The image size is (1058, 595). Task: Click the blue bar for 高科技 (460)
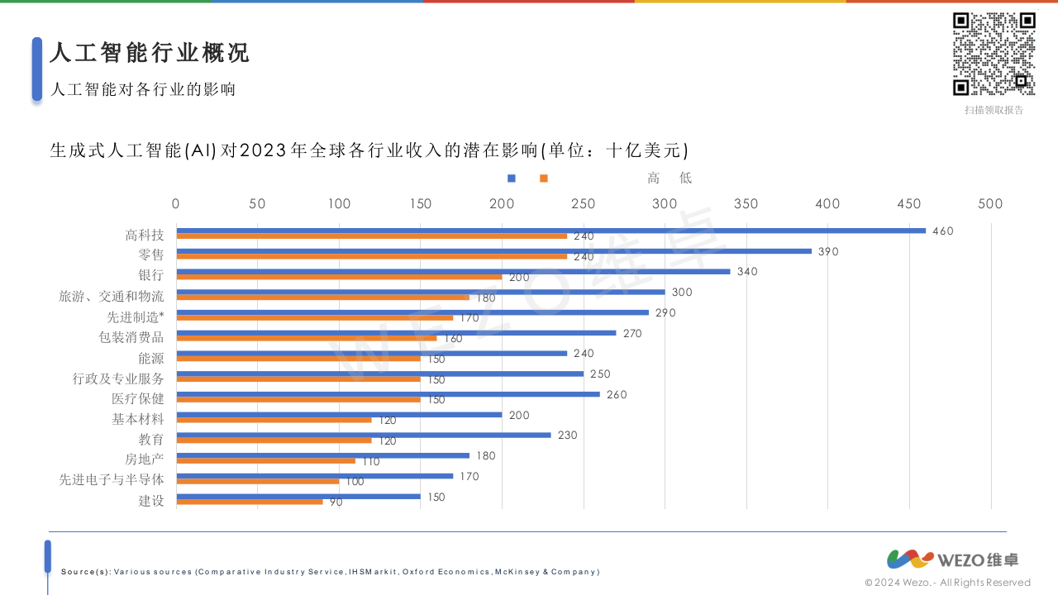(x=550, y=231)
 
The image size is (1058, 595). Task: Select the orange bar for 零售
(x=371, y=256)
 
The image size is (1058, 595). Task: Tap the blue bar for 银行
(x=453, y=271)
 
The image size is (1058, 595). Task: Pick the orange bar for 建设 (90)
(x=249, y=502)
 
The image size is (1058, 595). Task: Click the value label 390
(x=828, y=251)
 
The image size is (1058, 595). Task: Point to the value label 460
(x=942, y=231)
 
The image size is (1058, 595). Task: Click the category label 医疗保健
(x=138, y=399)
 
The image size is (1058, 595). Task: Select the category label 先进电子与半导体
(x=112, y=480)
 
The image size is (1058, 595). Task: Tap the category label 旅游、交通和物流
(x=112, y=297)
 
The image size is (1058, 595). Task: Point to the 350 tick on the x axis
(x=746, y=204)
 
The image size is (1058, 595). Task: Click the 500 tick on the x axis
(x=990, y=204)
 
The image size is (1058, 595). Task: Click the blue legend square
(x=512, y=178)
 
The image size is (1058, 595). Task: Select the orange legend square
(x=543, y=178)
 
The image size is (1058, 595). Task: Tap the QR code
(x=994, y=54)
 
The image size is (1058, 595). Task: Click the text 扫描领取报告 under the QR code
(x=994, y=110)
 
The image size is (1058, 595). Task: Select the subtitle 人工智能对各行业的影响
(x=143, y=89)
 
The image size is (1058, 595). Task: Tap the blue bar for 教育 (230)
(x=363, y=435)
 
